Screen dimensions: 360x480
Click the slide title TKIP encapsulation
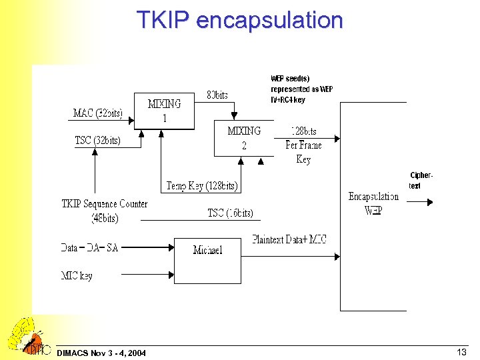pyautogui.click(x=239, y=19)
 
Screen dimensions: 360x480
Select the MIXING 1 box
pyautogui.click(x=164, y=111)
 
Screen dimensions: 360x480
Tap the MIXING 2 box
pyautogui.click(x=244, y=138)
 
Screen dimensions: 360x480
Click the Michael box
pyautogui.click(x=207, y=250)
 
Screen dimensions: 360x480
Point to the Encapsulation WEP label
pyautogui.click(x=373, y=203)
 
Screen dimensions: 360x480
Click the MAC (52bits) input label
pyautogui.click(x=97, y=113)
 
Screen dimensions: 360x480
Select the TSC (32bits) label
pyautogui.click(x=97, y=140)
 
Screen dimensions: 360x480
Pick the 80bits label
pyautogui.click(x=217, y=95)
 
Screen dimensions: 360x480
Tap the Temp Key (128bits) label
pyautogui.click(x=202, y=186)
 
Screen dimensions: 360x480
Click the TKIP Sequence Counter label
pyautogui.click(x=105, y=211)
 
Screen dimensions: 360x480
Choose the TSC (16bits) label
pyautogui.click(x=230, y=213)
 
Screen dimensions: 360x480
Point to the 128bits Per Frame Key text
pyautogui.click(x=303, y=145)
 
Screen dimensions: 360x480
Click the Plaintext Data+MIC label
pyautogui.click(x=289, y=239)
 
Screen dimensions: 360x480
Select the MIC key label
pyautogui.click(x=77, y=275)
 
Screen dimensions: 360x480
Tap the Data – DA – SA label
pyautogui.click(x=89, y=247)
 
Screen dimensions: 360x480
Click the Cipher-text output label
pyautogui.click(x=420, y=181)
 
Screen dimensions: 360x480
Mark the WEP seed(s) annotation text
pyautogui.click(x=301, y=89)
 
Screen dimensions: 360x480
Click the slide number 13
pyautogui.click(x=461, y=351)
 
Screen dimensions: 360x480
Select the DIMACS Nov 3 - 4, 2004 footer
pyautogui.click(x=102, y=352)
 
